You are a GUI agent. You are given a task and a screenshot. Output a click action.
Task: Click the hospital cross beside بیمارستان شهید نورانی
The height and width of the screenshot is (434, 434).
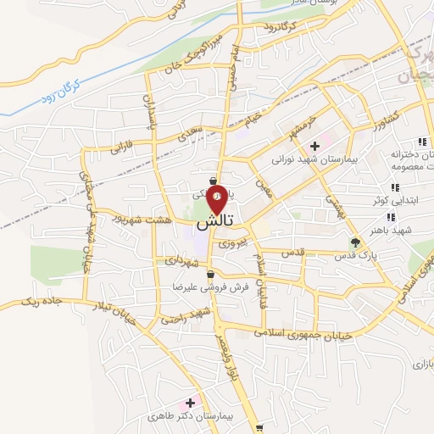click(315, 145)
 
